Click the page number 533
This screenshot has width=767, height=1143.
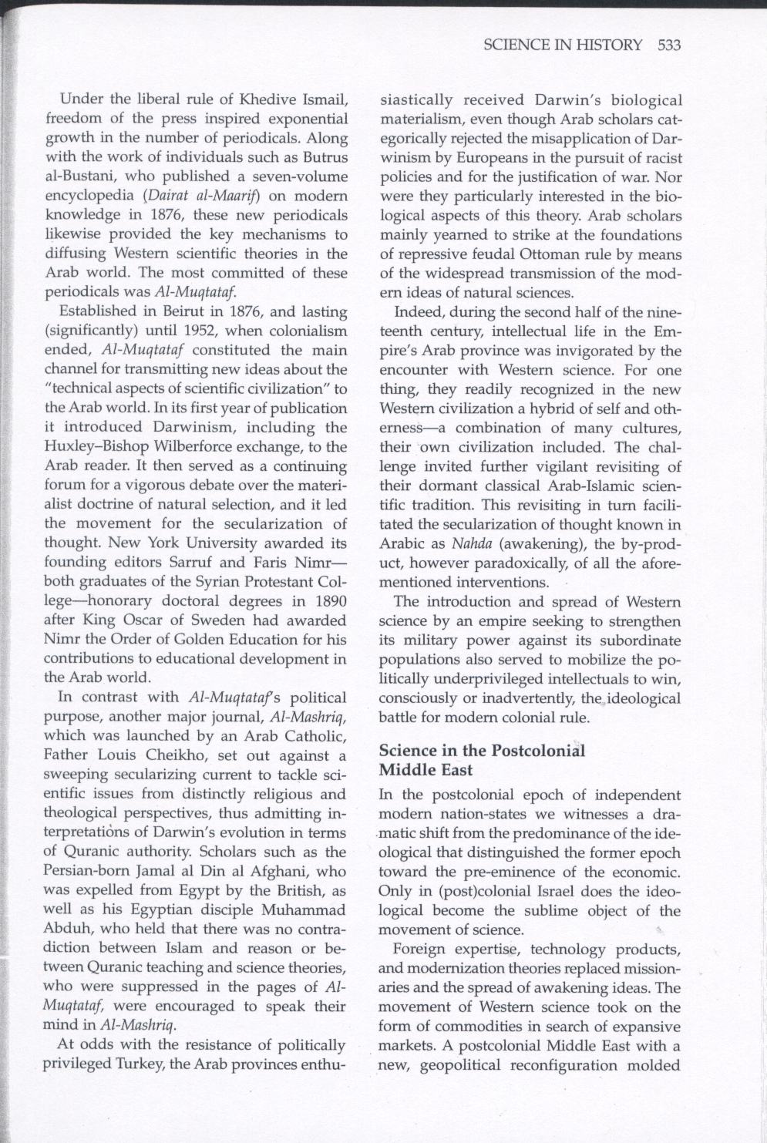[x=670, y=45]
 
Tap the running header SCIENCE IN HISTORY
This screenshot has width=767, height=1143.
[x=563, y=45]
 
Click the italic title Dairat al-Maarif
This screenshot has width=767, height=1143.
[x=196, y=197]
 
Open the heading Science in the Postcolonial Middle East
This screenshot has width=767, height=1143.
[x=482, y=760]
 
